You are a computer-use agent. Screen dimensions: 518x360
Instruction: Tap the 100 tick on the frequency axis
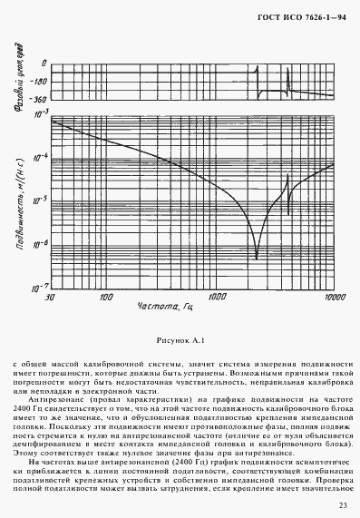click(106, 297)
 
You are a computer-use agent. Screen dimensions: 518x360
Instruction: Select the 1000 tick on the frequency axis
click(218, 297)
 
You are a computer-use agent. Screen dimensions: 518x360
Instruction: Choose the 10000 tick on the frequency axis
click(334, 297)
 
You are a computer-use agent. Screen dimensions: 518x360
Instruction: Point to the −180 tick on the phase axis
click(39, 80)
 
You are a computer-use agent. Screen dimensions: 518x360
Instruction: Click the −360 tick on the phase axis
click(38, 97)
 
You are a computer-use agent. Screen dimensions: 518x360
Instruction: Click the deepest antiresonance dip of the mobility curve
click(258, 258)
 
